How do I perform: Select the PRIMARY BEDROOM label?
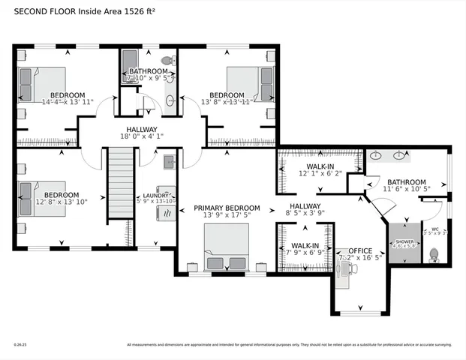(x=227, y=208)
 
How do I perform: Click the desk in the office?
(x=343, y=274)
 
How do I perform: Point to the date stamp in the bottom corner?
(x=20, y=345)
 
